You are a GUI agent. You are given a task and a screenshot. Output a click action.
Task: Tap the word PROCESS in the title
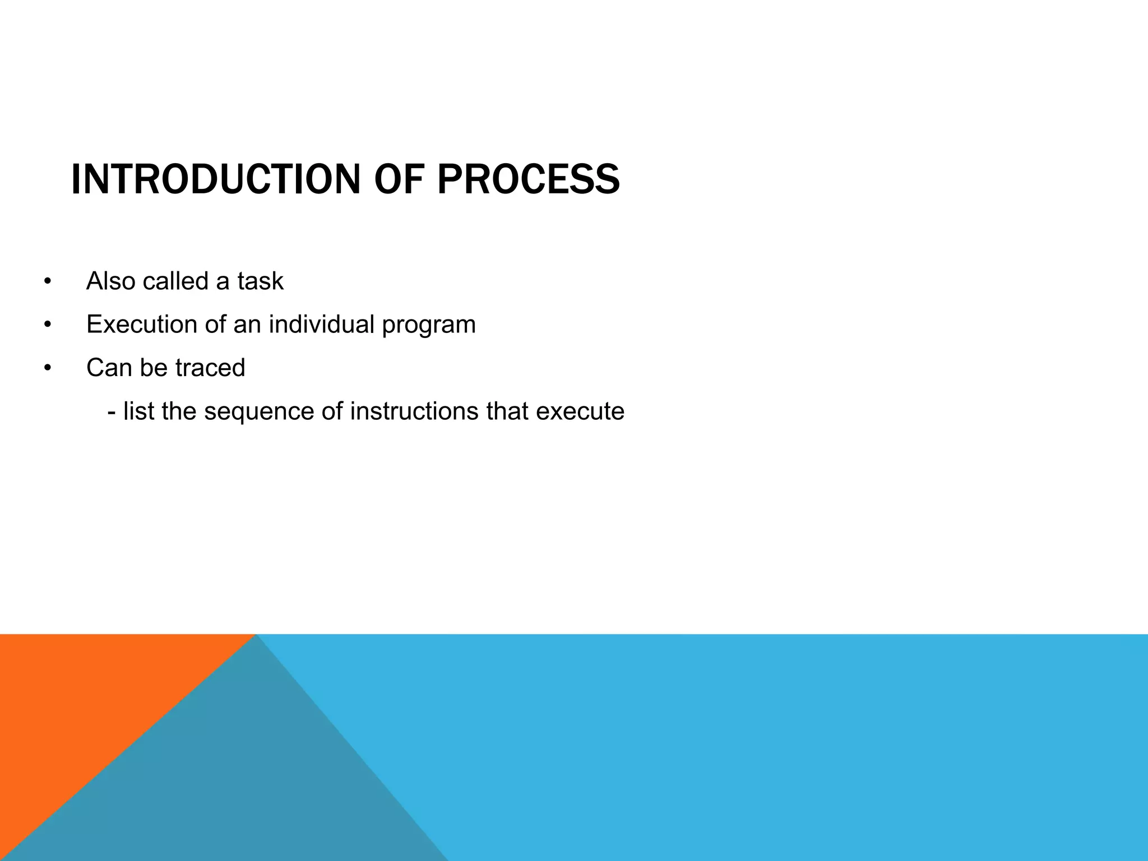[528, 180]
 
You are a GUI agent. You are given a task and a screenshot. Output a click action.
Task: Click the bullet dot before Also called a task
[48, 281]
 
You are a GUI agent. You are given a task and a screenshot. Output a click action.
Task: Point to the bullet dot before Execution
[48, 325]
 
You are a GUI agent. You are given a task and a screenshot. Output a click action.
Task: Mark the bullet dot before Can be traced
[48, 368]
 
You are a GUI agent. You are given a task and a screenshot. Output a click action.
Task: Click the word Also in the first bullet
[110, 281]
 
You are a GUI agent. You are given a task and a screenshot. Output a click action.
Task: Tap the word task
[260, 281]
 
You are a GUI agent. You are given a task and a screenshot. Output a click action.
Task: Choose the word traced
[210, 368]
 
